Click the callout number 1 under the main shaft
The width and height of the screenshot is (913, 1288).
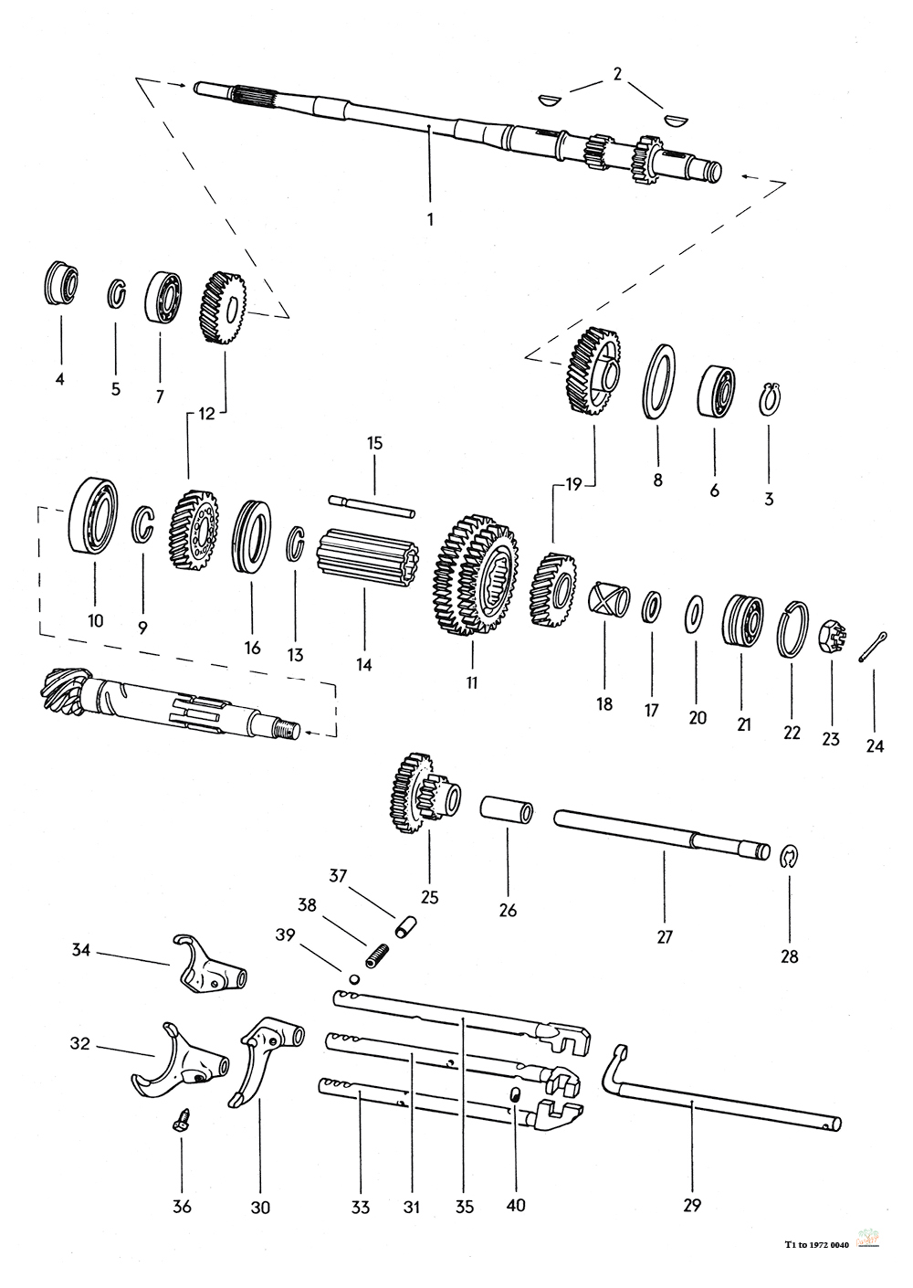click(x=430, y=219)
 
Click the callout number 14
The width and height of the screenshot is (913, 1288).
click(x=363, y=664)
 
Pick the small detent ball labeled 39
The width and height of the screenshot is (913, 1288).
click(x=354, y=978)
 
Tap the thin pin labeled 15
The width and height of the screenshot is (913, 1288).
click(x=372, y=504)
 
